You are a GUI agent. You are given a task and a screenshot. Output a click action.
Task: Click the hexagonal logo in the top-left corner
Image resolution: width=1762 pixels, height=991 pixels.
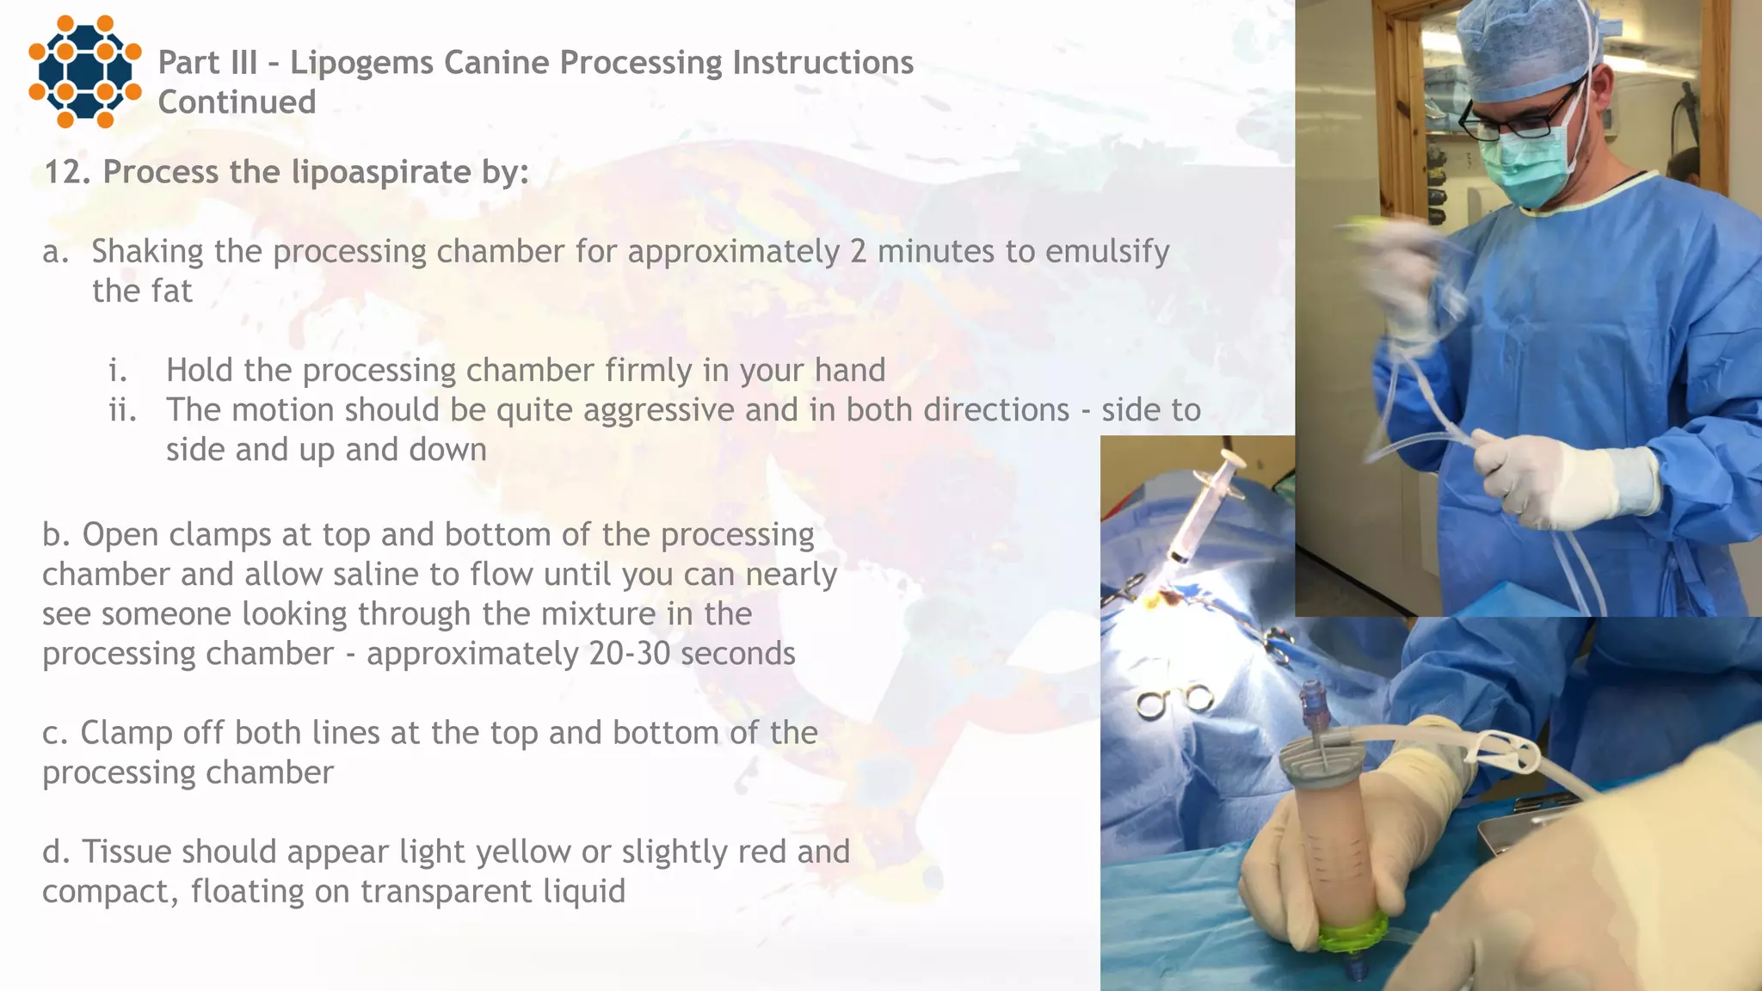(x=84, y=71)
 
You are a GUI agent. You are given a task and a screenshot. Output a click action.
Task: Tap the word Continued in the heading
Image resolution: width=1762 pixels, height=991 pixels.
(x=237, y=102)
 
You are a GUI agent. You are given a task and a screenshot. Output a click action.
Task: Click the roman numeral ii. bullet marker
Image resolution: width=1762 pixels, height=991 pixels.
(x=122, y=410)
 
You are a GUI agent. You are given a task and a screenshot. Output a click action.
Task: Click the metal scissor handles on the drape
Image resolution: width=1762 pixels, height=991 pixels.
(x=1174, y=701)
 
